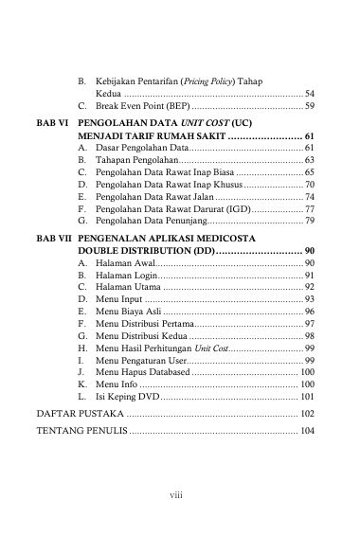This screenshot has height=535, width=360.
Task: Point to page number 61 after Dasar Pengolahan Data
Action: coord(310,150)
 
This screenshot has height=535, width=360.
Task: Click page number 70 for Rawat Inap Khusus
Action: coord(310,184)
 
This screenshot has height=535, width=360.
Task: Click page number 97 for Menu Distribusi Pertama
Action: coord(310,324)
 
